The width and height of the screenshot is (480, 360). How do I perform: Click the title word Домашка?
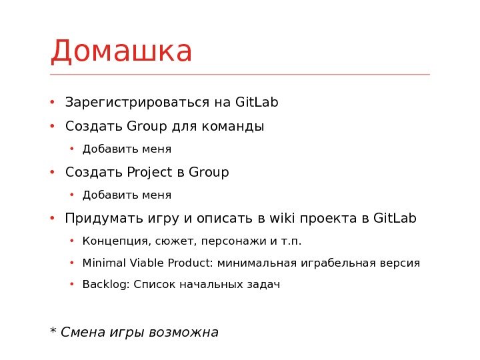(121, 52)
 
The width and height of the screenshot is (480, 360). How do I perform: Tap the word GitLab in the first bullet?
(257, 103)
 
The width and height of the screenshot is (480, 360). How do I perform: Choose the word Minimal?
(102, 263)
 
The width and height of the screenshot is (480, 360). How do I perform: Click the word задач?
(264, 285)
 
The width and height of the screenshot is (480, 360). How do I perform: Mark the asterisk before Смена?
(53, 330)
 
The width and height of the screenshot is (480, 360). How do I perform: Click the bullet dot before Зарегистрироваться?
(52, 103)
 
